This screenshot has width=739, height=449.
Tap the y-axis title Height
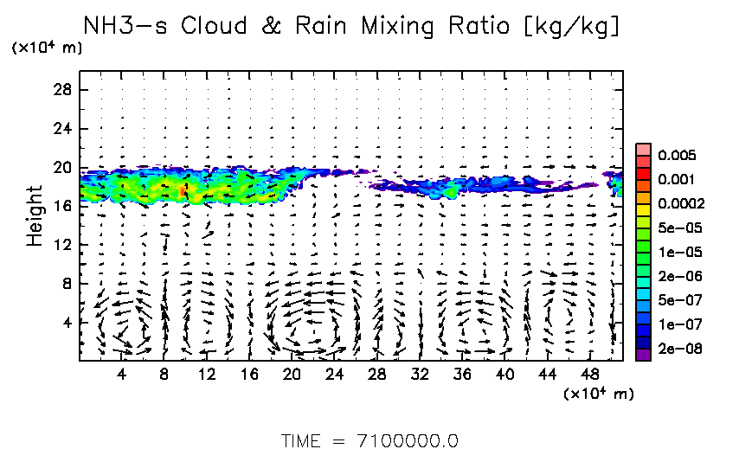[x=35, y=215]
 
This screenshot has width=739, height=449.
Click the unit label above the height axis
[x=48, y=48]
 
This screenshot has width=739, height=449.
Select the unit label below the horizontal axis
[x=599, y=394]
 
